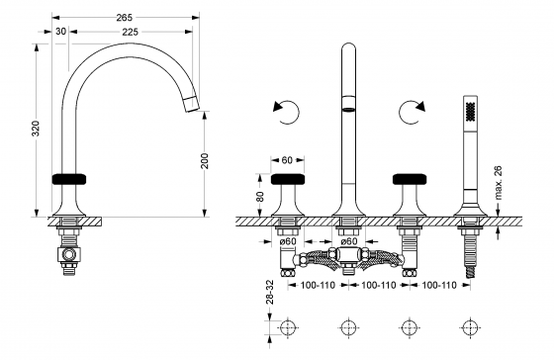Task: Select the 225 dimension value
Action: click(131, 32)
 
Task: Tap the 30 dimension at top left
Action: click(60, 32)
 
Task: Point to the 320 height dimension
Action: click(36, 129)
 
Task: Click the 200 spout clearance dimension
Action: click(205, 161)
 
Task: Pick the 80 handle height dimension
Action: click(259, 197)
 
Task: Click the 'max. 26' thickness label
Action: click(499, 183)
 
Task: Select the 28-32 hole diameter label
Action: click(270, 292)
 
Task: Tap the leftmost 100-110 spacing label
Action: click(318, 285)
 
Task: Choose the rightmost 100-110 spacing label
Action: click(439, 285)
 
